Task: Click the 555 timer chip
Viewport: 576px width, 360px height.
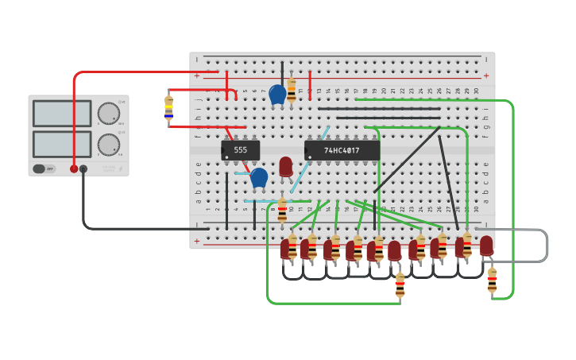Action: [240, 150]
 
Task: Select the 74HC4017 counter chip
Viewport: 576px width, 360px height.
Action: [342, 150]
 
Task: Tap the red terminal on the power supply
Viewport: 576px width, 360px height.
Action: [74, 168]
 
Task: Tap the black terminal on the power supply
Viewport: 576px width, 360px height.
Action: [83, 168]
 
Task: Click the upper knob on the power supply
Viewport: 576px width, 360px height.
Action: [107, 114]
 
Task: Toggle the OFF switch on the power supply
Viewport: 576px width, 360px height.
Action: [44, 168]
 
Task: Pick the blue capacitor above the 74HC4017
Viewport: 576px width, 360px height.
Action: [277, 95]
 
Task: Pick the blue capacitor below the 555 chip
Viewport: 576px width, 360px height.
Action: [259, 178]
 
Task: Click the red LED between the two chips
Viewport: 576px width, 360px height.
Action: [286, 166]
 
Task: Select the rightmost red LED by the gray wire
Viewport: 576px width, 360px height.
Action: [486, 246]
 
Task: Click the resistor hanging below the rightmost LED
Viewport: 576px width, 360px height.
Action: [492, 281]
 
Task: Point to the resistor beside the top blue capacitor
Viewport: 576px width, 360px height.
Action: [292, 90]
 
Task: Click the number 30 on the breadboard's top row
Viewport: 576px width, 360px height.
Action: [476, 91]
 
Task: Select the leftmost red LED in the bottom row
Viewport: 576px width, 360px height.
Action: [284, 250]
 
